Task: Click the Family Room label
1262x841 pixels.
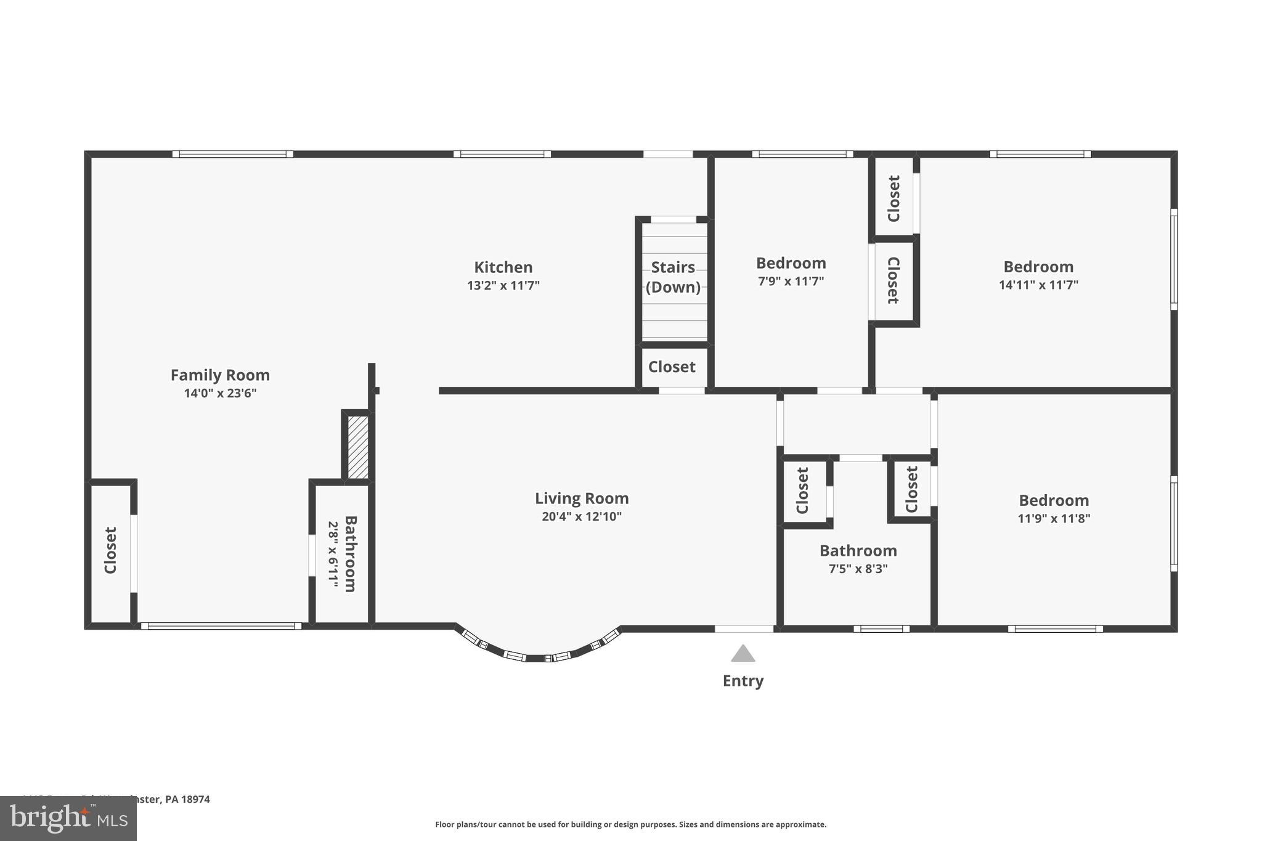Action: pos(220,375)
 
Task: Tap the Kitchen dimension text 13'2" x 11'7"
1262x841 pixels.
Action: pos(503,285)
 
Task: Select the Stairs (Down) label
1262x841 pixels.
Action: pos(673,277)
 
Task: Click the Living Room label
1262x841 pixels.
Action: pos(581,498)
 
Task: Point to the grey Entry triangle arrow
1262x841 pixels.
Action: pos(743,654)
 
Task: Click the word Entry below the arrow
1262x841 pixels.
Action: pos(743,681)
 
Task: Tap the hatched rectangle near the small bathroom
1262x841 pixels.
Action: pos(358,447)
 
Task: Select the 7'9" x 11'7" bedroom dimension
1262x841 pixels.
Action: pos(791,282)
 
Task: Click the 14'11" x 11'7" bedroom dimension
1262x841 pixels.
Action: pos(1038,285)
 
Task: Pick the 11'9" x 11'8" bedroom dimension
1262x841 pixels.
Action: pos(1054,518)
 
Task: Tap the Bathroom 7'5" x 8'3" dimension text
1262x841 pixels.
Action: pos(858,569)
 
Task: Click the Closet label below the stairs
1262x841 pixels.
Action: pos(672,367)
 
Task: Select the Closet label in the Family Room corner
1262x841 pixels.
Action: pos(110,550)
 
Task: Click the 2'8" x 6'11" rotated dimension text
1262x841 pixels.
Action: pos(333,554)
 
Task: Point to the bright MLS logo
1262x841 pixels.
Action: pos(68,819)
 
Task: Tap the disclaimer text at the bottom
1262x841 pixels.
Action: pos(630,824)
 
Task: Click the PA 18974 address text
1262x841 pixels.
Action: pos(187,799)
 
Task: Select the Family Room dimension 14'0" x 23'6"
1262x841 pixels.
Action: pos(220,393)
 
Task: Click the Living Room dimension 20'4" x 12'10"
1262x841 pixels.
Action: pos(581,516)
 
